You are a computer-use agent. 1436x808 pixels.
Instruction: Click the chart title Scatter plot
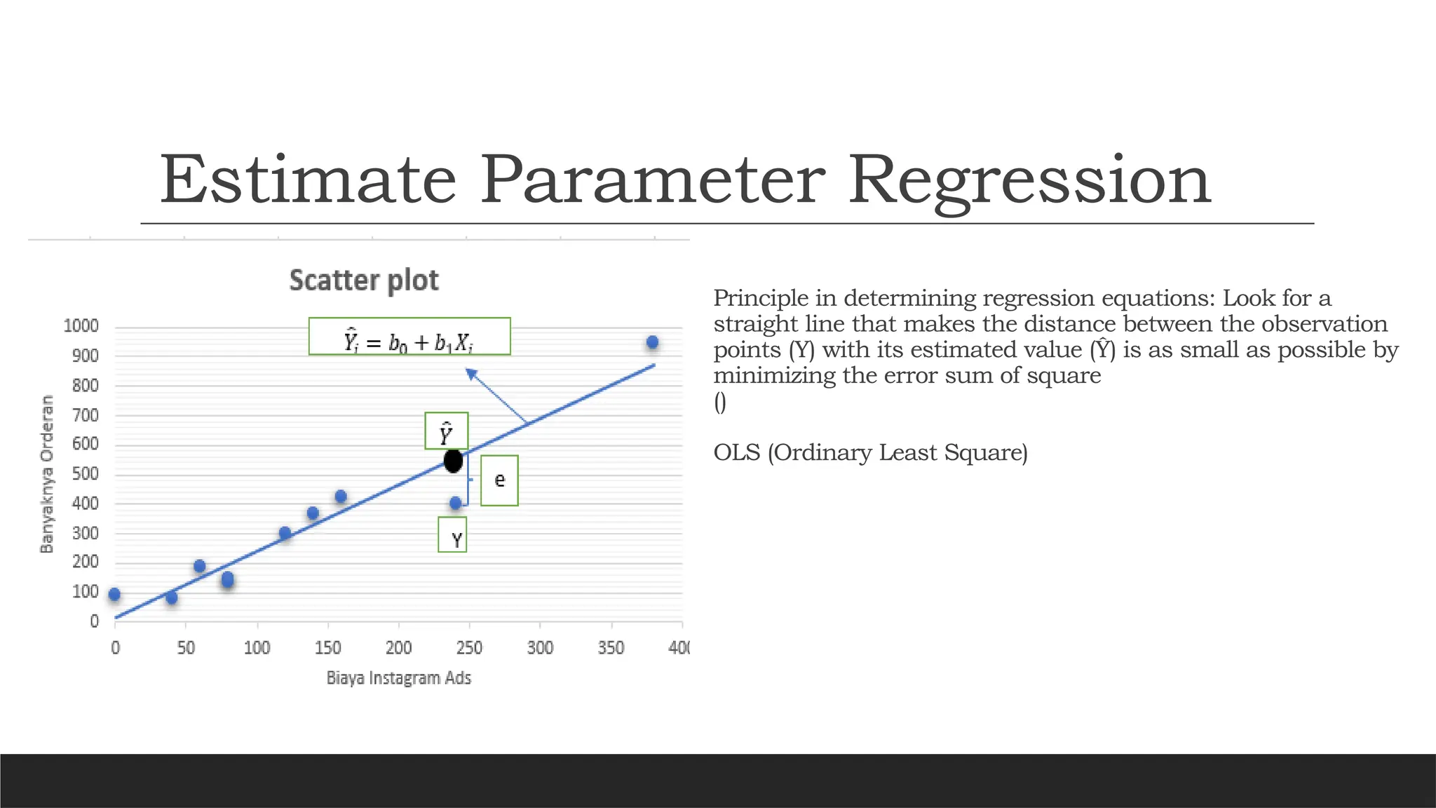(x=364, y=280)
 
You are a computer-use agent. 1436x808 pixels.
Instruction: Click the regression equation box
(x=409, y=337)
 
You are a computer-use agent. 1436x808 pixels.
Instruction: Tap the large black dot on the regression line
(x=454, y=461)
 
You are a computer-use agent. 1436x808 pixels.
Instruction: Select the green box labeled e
(x=499, y=480)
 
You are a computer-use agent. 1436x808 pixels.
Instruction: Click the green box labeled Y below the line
(x=452, y=535)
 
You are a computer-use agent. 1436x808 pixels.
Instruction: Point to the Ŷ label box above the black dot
(x=446, y=431)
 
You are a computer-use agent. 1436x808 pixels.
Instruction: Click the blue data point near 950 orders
(x=652, y=342)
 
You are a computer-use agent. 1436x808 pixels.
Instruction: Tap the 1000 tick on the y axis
(x=81, y=326)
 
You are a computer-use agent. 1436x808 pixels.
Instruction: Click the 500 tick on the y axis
(x=86, y=474)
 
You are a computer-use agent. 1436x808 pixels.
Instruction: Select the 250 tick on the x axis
(x=469, y=647)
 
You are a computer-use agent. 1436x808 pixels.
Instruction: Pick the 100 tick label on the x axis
(x=257, y=647)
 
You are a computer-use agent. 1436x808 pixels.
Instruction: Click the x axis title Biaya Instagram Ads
(x=399, y=678)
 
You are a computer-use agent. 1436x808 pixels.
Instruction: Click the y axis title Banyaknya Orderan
(x=47, y=474)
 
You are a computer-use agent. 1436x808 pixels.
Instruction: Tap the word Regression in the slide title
(x=1029, y=180)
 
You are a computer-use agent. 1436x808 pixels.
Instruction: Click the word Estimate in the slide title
(x=309, y=180)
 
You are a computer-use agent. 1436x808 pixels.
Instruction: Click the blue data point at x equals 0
(x=114, y=595)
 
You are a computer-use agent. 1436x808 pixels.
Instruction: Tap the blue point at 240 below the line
(x=455, y=503)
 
